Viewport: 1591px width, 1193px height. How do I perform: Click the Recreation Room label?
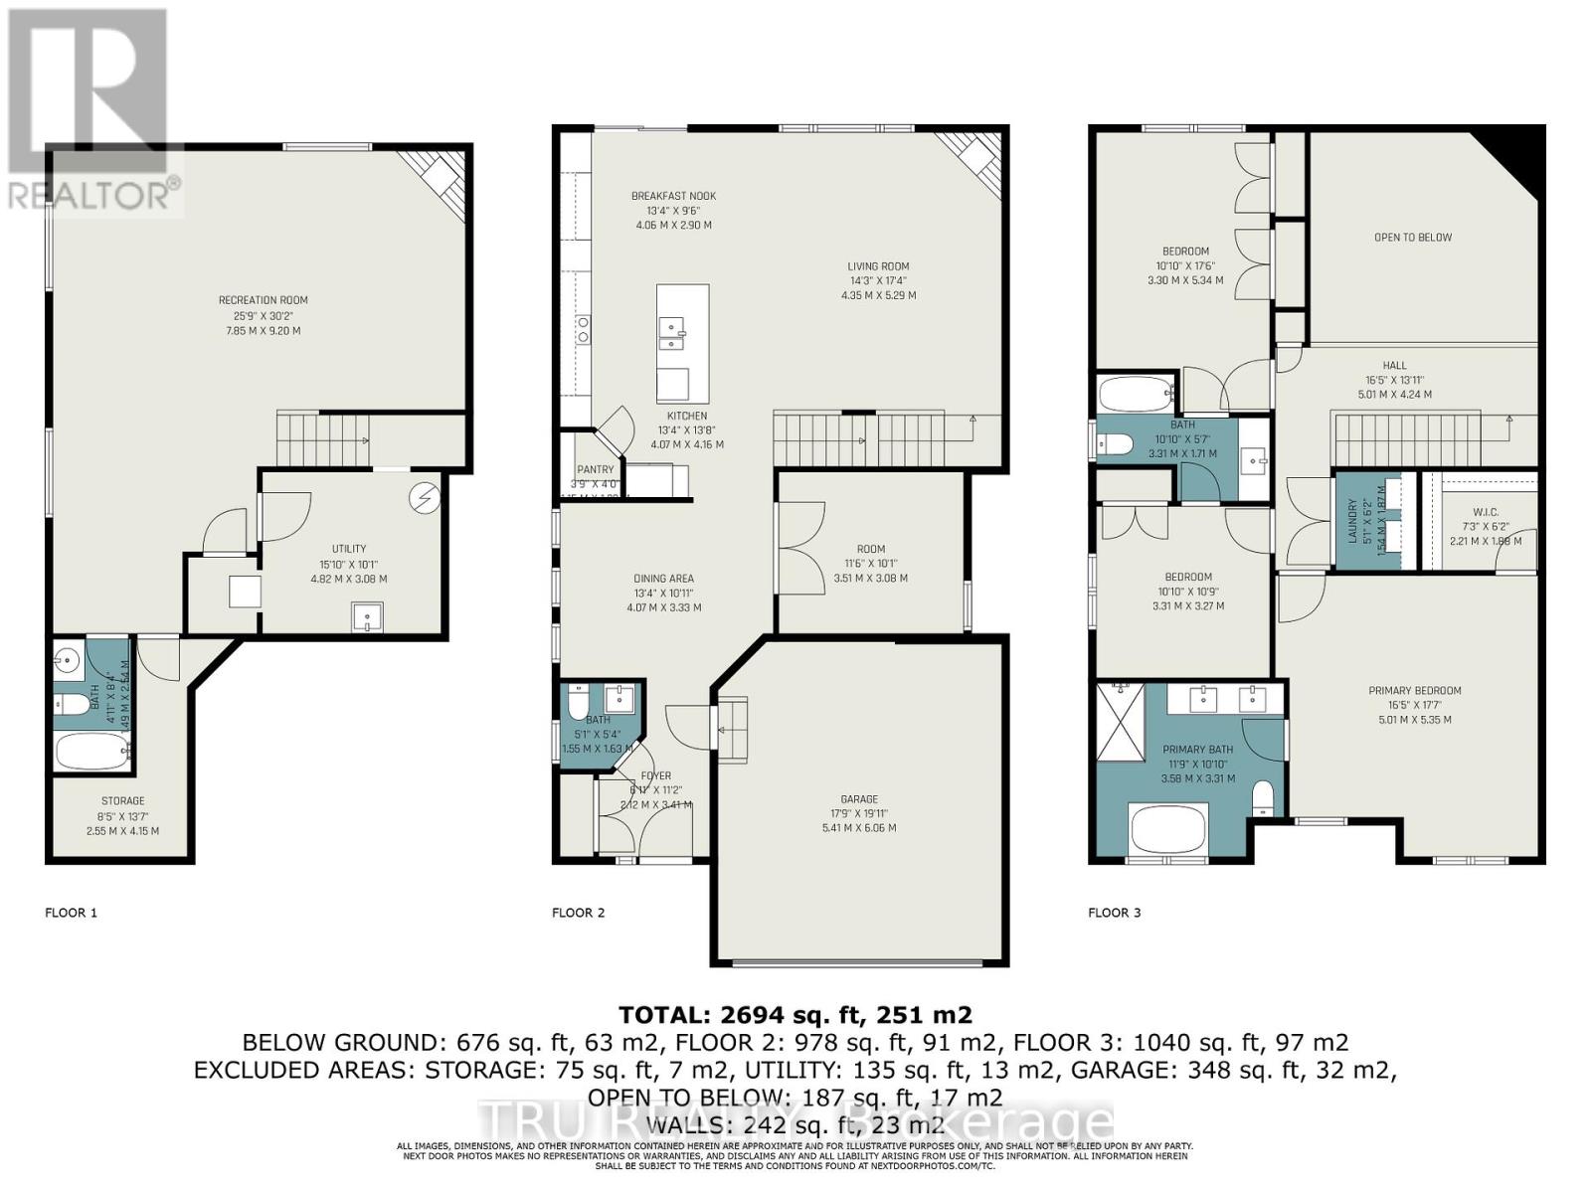pos(264,300)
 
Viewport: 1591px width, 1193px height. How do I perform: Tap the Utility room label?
pos(349,549)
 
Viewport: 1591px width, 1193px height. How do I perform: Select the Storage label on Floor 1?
pos(122,801)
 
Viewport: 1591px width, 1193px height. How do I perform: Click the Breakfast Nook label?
pos(673,197)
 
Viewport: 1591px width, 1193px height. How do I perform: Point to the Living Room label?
pos(878,266)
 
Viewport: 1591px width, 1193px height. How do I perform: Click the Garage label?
pos(859,799)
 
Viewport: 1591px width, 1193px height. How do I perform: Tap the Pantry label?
pos(596,470)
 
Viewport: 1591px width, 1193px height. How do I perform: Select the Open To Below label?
pos(1412,238)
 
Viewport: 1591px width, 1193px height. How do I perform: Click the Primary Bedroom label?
pos(1414,691)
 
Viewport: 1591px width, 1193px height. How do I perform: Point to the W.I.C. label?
pos(1486,513)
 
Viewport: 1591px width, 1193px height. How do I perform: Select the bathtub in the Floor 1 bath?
pos(90,752)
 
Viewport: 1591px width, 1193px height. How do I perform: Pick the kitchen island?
pos(682,343)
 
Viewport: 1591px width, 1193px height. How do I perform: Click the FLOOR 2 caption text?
pos(578,913)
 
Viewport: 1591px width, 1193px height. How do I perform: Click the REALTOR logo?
pos(89,109)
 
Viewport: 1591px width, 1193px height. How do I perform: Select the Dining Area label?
pos(663,579)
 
